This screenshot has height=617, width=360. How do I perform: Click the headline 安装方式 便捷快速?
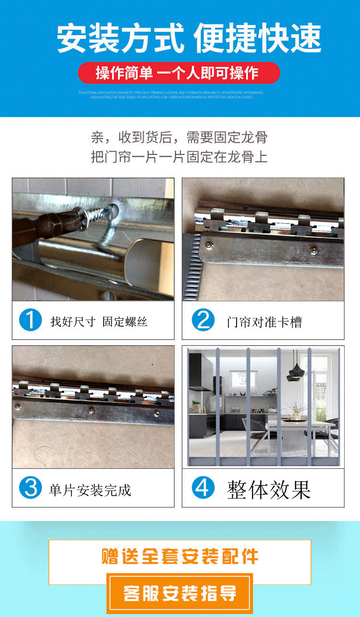tap(189, 38)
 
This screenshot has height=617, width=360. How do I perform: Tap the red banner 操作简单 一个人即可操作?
tap(179, 73)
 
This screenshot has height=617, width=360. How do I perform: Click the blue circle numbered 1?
tap(31, 320)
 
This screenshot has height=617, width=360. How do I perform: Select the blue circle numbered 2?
tap(203, 320)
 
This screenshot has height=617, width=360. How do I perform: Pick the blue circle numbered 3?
tap(31, 488)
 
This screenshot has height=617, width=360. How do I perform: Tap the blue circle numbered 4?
tap(203, 488)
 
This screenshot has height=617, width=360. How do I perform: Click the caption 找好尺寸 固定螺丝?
tap(99, 321)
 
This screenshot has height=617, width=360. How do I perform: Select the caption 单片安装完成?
tap(90, 490)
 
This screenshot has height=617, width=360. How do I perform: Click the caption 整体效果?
tap(269, 489)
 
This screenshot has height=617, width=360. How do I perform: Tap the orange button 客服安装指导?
tap(180, 593)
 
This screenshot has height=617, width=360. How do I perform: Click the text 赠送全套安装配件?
tap(180, 557)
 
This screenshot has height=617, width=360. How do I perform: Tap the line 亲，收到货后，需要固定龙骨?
tap(179, 138)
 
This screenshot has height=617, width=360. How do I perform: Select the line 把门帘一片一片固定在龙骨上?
tap(179, 156)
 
